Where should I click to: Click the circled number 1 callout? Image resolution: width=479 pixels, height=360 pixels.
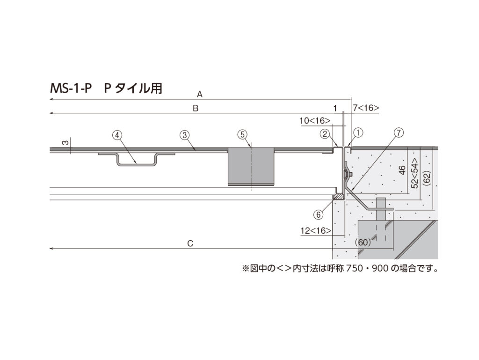[358, 133]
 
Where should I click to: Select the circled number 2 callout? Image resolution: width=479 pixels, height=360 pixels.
[325, 133]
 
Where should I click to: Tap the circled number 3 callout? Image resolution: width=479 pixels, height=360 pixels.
[184, 135]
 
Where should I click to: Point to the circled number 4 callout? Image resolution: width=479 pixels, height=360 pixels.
[117, 135]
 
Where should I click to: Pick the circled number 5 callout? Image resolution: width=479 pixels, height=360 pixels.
[243, 134]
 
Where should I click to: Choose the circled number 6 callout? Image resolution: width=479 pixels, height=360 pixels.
[318, 215]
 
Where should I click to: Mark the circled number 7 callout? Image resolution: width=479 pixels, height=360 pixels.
[399, 132]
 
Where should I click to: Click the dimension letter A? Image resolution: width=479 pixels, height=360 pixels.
[200, 95]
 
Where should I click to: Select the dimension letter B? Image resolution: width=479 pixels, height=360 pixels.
[196, 108]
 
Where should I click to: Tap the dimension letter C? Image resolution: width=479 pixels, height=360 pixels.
[190, 243]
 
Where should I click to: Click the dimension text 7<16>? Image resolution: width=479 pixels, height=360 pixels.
[366, 108]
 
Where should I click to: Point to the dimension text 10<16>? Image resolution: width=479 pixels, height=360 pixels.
[315, 121]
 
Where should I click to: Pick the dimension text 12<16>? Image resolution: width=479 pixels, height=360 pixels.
[316, 230]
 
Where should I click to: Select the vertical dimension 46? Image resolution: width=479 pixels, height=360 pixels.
[402, 170]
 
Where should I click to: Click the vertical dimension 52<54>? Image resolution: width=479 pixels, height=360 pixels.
[415, 173]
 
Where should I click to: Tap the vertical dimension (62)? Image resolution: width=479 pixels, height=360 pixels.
[428, 178]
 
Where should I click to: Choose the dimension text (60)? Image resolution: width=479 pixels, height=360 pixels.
[363, 242]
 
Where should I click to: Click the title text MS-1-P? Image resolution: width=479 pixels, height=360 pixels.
[71, 88]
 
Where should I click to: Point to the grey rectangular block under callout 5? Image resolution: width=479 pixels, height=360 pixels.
[251, 167]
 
